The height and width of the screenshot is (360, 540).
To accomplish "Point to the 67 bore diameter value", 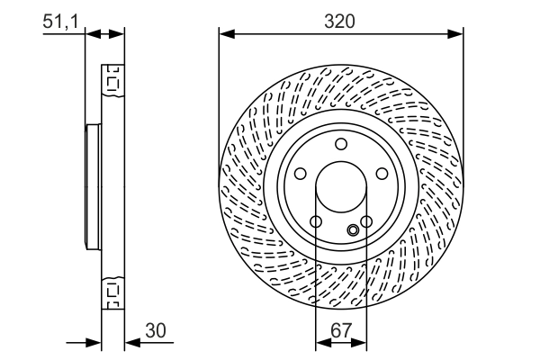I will point(341,330).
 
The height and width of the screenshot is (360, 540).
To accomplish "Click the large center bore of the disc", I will point(341,189).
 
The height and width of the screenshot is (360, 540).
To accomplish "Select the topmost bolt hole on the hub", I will point(341,144).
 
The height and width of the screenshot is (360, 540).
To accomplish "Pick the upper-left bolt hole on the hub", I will point(300,175).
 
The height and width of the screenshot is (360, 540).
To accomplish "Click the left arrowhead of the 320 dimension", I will point(226,34).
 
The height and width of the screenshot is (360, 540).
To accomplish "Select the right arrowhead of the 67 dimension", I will point(361,343).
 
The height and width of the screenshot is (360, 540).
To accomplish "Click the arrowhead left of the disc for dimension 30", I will point(94,342).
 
